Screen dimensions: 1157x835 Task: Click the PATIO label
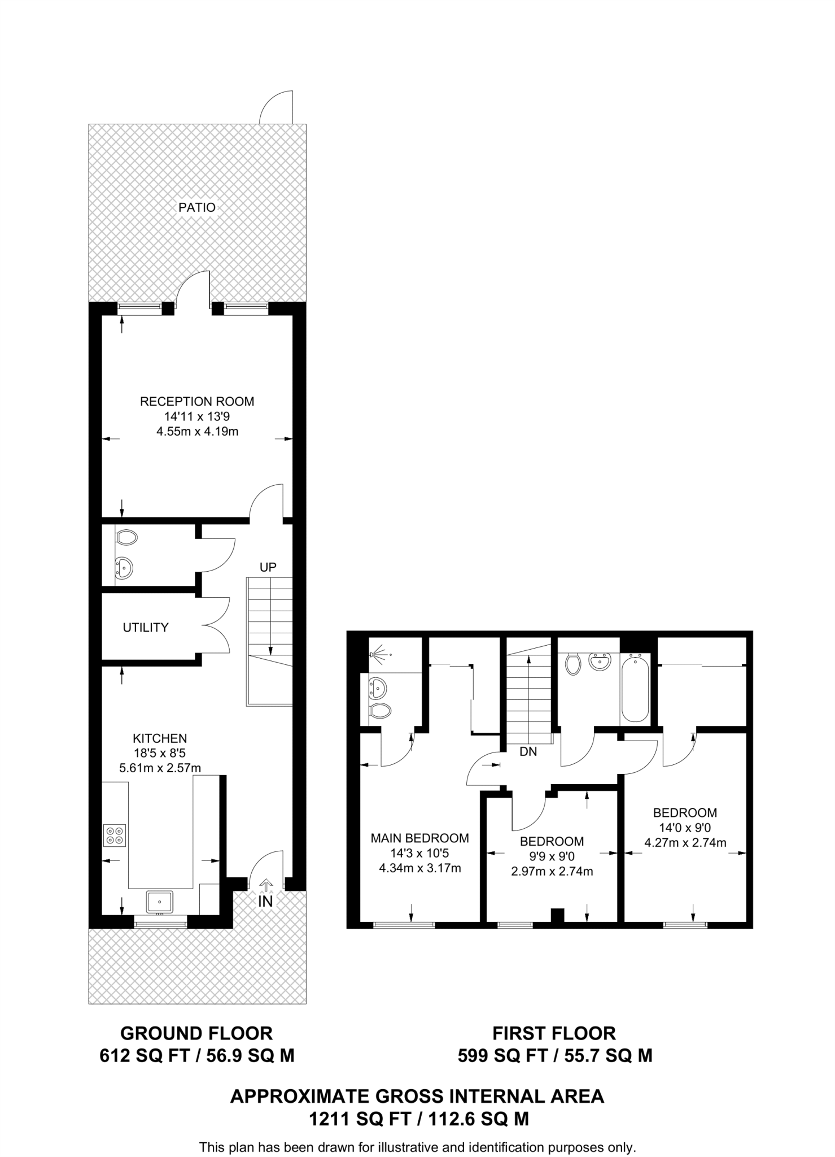click(x=196, y=207)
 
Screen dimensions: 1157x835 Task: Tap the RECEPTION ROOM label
click(x=197, y=402)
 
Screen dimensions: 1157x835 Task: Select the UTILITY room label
click(x=146, y=627)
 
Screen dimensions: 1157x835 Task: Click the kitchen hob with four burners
click(x=115, y=836)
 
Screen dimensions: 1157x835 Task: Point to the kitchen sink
click(x=159, y=902)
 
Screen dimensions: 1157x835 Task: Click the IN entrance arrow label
click(x=265, y=901)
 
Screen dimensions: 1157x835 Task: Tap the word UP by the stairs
click(x=268, y=567)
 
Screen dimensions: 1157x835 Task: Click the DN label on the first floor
click(x=528, y=751)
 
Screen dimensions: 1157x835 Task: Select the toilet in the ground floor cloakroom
click(x=126, y=537)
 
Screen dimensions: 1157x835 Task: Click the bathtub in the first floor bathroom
click(x=635, y=688)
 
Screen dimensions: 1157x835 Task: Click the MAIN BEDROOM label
click(x=419, y=838)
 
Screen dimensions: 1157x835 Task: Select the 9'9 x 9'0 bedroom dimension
click(x=552, y=856)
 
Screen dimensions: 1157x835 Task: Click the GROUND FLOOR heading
click(x=196, y=1033)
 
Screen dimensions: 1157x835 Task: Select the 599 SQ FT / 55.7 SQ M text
click(x=555, y=1055)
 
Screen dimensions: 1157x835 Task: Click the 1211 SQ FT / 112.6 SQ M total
click(x=418, y=1119)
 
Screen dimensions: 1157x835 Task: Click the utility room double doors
click(x=216, y=625)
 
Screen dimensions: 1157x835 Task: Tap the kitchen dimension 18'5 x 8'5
click(x=160, y=753)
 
